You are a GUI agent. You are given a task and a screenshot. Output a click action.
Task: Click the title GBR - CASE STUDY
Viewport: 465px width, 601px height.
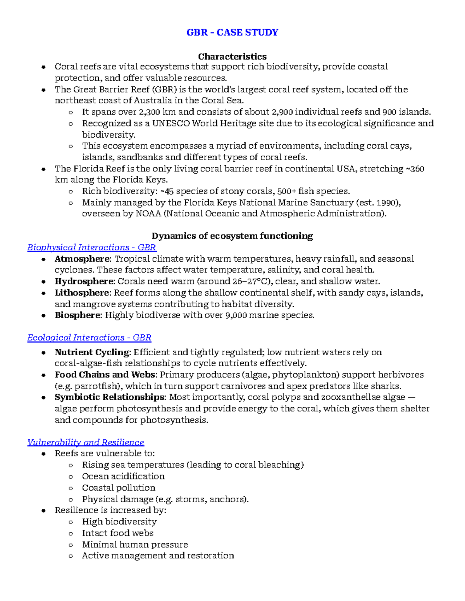point(232,32)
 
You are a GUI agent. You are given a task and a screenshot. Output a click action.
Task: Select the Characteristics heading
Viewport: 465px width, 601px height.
point(232,57)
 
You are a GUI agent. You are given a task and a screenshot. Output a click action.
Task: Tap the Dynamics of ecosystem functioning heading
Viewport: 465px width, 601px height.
point(232,236)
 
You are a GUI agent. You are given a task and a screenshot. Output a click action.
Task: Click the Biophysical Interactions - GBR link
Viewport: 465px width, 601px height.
point(91,247)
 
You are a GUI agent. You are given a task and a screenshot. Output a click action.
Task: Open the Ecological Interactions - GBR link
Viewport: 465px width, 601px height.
point(89,337)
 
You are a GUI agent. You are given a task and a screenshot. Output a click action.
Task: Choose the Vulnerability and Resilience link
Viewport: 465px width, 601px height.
point(86,442)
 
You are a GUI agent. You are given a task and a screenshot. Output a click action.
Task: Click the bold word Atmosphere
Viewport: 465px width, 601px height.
point(82,259)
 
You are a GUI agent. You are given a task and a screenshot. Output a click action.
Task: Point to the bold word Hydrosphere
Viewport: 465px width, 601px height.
point(84,281)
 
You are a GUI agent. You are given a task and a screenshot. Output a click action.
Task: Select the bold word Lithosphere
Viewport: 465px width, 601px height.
point(82,293)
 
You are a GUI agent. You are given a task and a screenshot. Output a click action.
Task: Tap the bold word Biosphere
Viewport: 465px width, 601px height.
point(77,315)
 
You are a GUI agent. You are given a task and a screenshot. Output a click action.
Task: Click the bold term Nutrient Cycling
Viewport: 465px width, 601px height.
point(92,352)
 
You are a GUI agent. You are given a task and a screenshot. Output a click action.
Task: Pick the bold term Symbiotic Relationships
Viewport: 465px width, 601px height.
point(110,397)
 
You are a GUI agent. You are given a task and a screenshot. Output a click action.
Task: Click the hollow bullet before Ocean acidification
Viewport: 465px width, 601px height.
point(71,477)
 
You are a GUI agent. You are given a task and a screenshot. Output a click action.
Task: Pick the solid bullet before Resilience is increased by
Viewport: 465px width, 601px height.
point(44,511)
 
